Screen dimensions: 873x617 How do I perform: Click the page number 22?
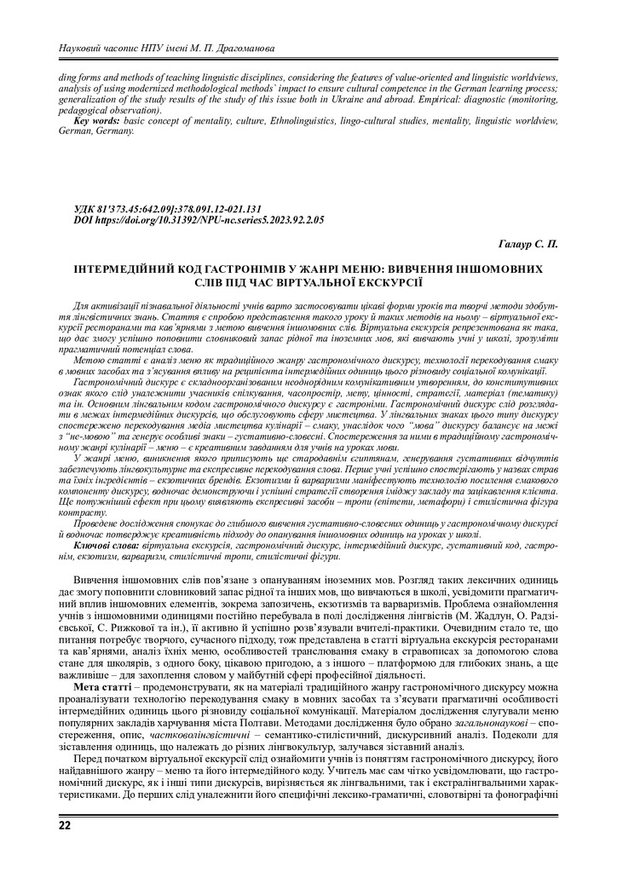[65, 825]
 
